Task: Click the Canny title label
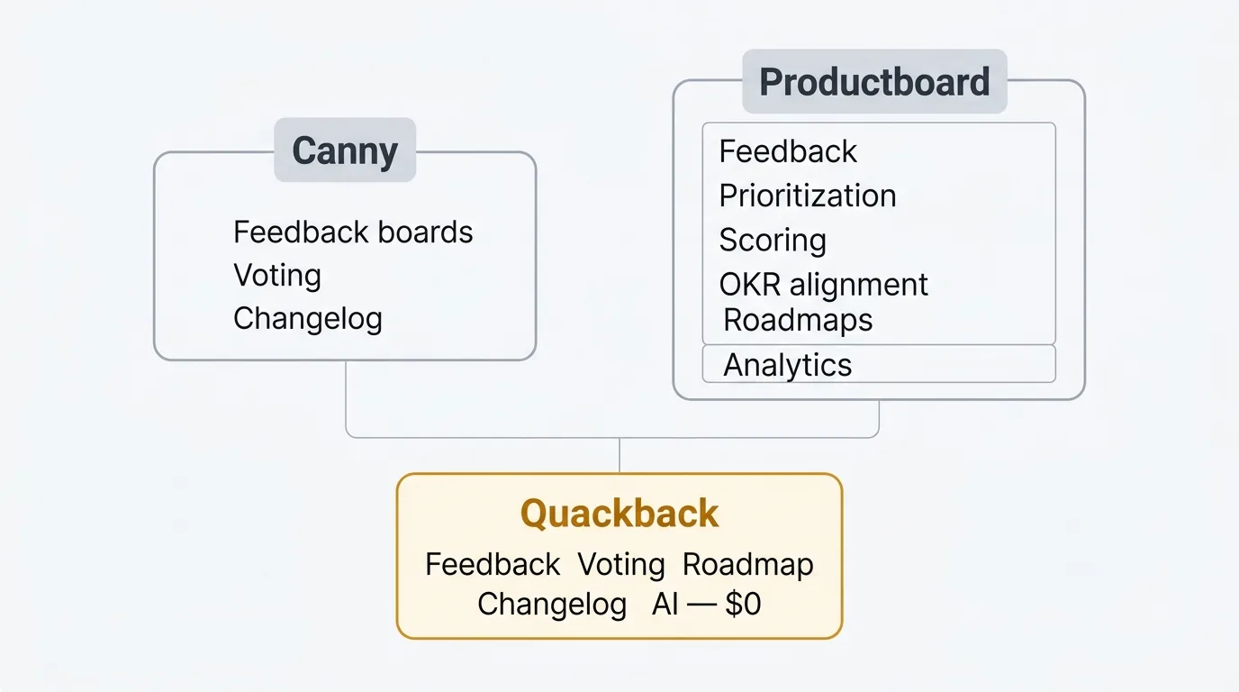[x=345, y=150]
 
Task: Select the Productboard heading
[x=874, y=82]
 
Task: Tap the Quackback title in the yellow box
[x=619, y=514]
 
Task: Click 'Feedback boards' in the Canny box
[x=353, y=232]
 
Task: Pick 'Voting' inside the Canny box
[x=277, y=276]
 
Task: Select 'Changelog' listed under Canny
[x=308, y=319]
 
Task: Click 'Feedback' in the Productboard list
[x=788, y=151]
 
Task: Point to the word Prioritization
[x=808, y=196]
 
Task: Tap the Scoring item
[x=773, y=241]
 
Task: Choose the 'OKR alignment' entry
[x=823, y=285]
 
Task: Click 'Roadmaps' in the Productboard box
[x=798, y=320]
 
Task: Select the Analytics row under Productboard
[x=788, y=365]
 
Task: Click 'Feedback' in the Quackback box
[x=493, y=565]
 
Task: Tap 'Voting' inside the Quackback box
[x=621, y=565]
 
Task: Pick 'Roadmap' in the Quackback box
[x=748, y=565]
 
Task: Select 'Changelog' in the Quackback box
[x=552, y=605]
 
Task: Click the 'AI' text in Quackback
[x=665, y=605]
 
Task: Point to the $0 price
[x=743, y=605]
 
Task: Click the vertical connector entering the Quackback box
[x=619, y=456]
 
